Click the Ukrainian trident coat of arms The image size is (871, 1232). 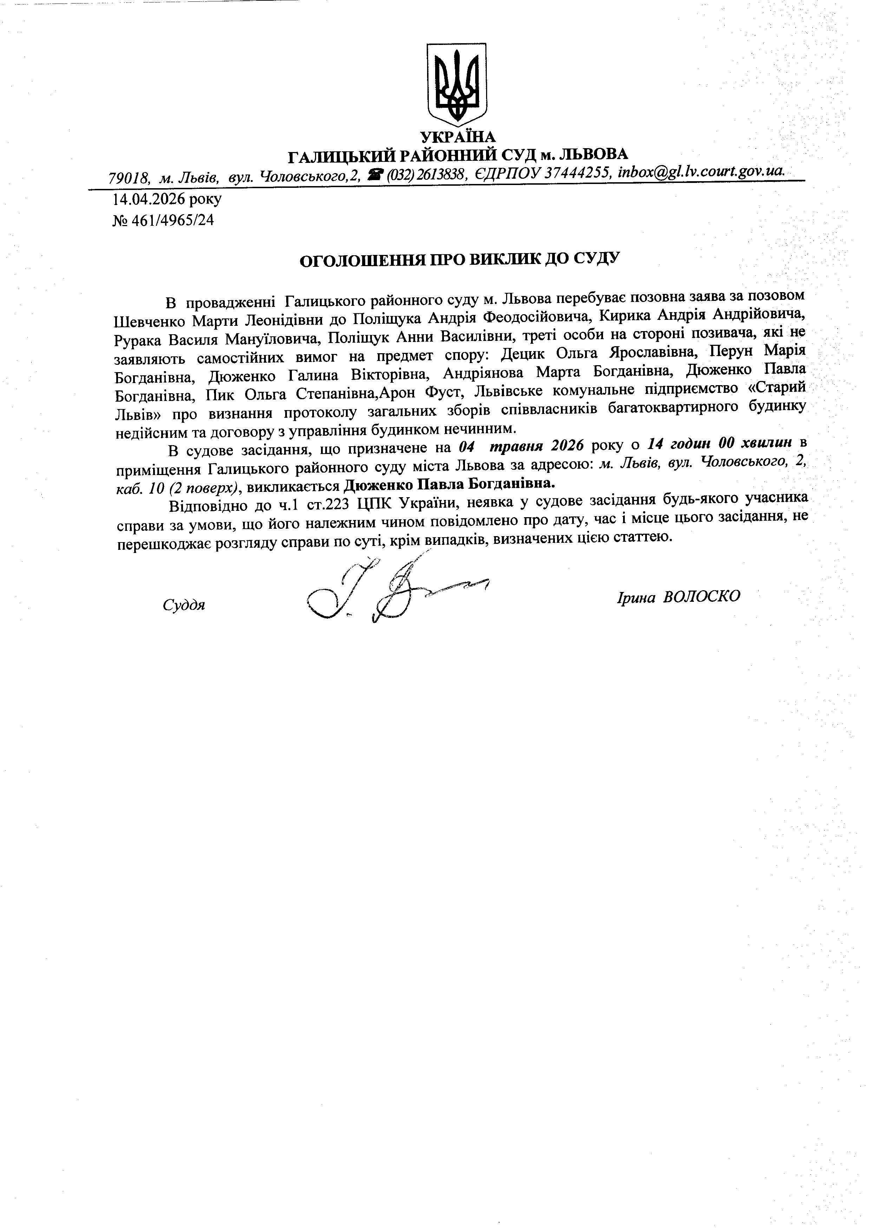click(x=456, y=81)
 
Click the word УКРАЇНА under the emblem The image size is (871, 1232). click(x=458, y=137)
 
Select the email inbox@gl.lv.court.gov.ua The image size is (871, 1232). click(x=701, y=172)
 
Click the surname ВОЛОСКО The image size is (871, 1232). click(x=701, y=597)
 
